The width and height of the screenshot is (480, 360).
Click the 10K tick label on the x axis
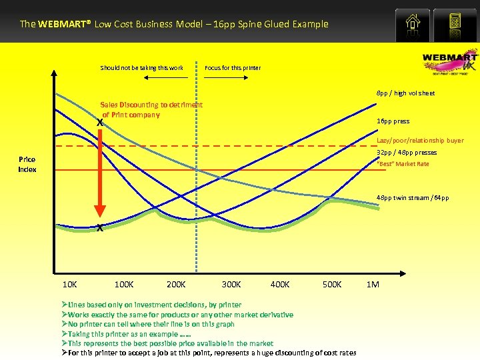click(x=69, y=285)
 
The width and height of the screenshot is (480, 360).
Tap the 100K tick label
click(x=124, y=285)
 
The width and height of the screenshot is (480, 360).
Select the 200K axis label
click(x=176, y=285)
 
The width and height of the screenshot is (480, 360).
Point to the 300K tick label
click(x=231, y=285)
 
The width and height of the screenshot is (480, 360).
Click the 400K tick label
click(x=280, y=285)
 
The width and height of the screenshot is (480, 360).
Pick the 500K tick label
click(x=331, y=285)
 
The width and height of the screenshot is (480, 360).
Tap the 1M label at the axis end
click(x=373, y=285)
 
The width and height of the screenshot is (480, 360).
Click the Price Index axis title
click(x=27, y=165)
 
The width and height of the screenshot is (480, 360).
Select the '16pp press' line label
click(x=393, y=122)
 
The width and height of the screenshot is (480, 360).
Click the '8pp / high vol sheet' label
click(x=405, y=93)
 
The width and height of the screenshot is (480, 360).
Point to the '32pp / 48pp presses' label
click(x=407, y=153)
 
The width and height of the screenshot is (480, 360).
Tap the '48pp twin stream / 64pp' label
click(x=412, y=198)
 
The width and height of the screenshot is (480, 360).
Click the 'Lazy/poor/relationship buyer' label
click(x=420, y=141)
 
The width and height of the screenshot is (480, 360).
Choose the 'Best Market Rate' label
click(x=403, y=164)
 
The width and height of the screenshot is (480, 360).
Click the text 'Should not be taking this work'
click(x=141, y=68)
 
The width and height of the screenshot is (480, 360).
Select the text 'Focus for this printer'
click(x=233, y=68)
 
